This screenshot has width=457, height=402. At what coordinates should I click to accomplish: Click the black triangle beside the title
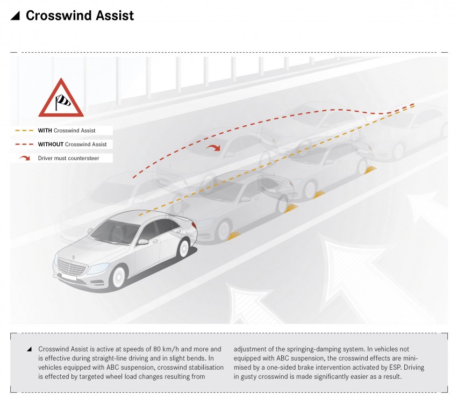16,16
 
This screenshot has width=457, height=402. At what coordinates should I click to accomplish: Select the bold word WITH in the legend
45,131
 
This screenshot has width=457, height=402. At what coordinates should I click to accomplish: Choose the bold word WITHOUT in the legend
51,144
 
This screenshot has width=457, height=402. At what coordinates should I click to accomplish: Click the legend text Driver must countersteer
68,158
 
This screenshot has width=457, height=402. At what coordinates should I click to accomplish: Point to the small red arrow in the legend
25,158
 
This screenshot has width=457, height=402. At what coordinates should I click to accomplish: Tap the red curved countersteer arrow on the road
213,147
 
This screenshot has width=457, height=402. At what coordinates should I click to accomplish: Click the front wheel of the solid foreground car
119,277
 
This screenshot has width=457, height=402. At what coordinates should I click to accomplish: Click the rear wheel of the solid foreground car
184,248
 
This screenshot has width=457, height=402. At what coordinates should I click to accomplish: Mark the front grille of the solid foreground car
72,267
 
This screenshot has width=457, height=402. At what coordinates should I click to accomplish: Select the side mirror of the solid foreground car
143,242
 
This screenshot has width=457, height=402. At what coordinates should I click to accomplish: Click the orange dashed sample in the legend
25,131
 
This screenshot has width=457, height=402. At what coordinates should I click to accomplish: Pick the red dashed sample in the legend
25,144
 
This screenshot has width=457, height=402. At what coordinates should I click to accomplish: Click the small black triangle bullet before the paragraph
29,349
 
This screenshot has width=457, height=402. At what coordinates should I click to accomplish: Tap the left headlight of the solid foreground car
99,267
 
